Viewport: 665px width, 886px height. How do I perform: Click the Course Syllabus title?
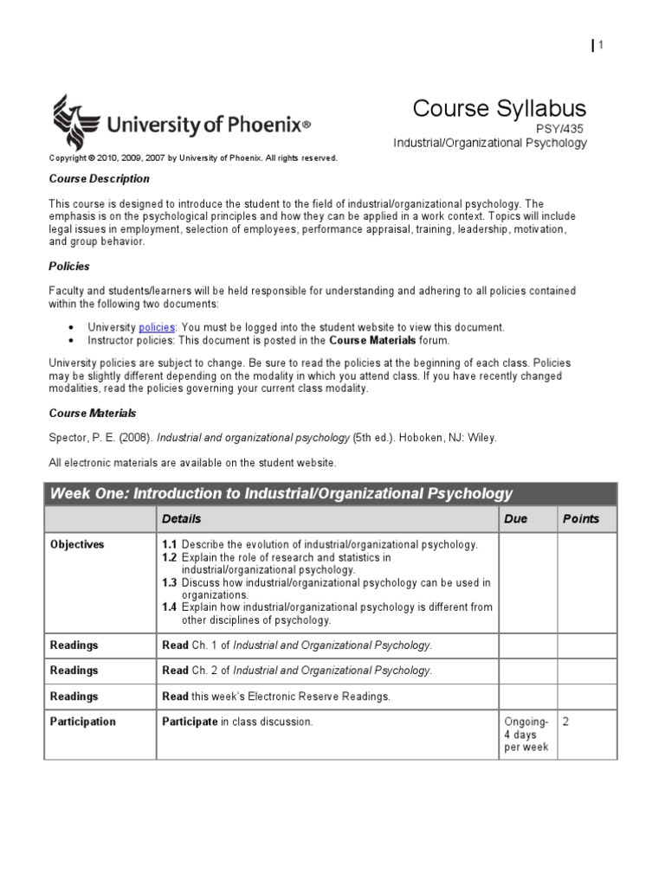[x=499, y=108]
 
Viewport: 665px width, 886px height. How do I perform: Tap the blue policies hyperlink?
[x=157, y=327]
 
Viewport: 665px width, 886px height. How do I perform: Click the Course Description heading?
[x=99, y=179]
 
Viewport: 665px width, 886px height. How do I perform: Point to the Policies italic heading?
[x=69, y=266]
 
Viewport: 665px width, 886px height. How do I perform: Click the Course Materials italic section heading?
[x=93, y=414]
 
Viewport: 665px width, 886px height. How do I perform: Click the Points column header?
[x=580, y=519]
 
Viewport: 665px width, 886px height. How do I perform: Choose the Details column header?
[x=181, y=519]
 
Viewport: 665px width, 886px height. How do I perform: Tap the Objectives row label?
[x=77, y=545]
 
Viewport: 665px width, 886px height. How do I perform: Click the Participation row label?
[x=83, y=722]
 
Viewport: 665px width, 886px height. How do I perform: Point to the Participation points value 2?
[x=566, y=722]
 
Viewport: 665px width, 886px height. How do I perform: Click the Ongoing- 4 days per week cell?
[x=526, y=735]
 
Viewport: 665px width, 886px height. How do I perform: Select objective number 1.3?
[x=170, y=582]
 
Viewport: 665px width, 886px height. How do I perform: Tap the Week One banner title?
[x=281, y=494]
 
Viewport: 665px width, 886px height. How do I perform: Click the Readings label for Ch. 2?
[x=74, y=671]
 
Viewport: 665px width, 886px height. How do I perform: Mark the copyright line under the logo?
[x=193, y=158]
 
